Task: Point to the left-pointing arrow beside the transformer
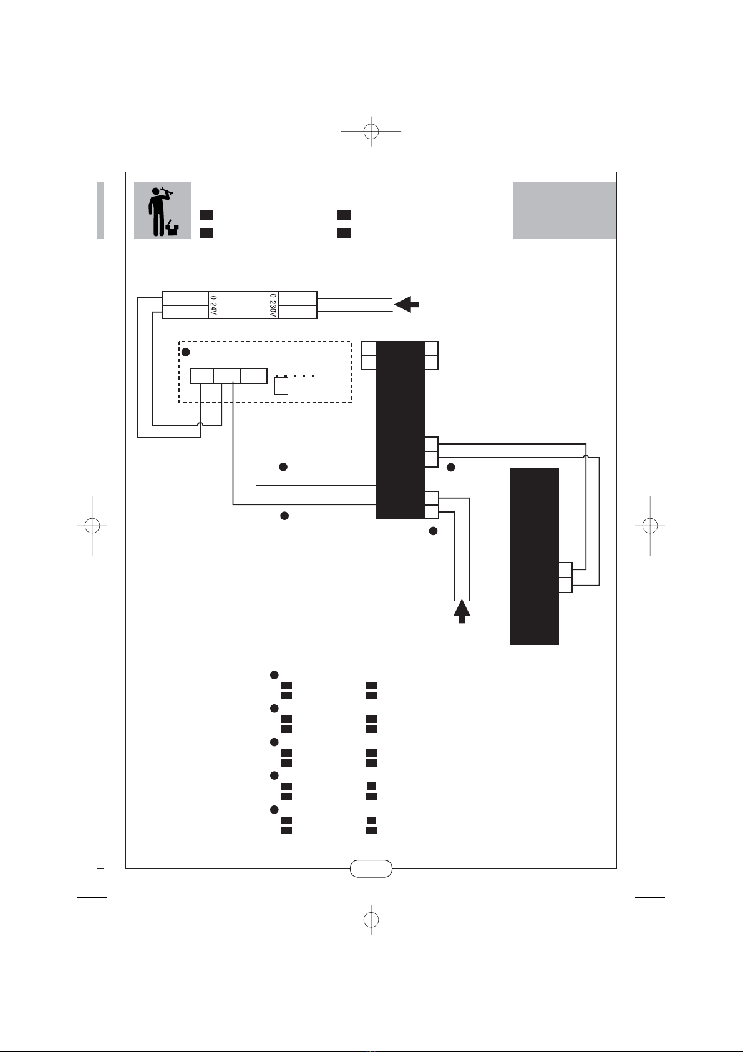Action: click(x=407, y=305)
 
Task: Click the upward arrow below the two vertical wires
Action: click(x=462, y=611)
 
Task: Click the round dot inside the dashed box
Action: click(x=185, y=352)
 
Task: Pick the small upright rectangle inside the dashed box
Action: click(x=281, y=386)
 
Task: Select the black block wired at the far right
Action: click(x=535, y=556)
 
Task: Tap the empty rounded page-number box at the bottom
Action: click(x=371, y=868)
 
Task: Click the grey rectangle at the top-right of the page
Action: click(x=565, y=210)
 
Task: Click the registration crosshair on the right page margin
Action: click(x=650, y=526)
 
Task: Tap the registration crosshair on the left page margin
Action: click(x=92, y=526)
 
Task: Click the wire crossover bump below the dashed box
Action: click(x=200, y=425)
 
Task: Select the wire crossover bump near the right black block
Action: click(x=586, y=458)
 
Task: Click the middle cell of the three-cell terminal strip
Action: click(x=227, y=376)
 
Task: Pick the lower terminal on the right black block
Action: click(x=565, y=585)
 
